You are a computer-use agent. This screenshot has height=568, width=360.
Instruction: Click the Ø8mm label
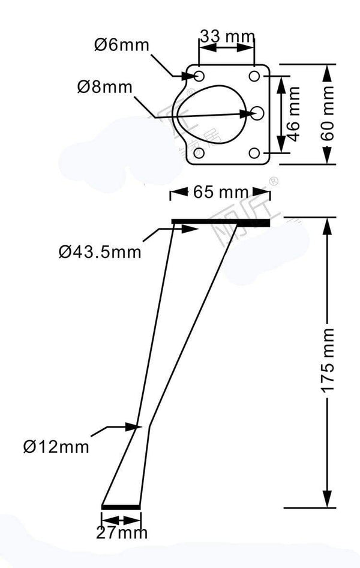[104, 86]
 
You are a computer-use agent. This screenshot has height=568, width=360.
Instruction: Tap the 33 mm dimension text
[227, 37]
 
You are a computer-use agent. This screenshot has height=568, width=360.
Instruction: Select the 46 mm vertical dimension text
[293, 113]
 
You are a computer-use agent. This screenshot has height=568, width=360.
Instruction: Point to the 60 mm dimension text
[328, 114]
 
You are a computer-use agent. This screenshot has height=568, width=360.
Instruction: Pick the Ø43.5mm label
[100, 251]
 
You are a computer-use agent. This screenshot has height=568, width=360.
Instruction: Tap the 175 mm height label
[328, 360]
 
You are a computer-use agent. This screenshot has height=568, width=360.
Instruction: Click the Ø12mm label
[56, 446]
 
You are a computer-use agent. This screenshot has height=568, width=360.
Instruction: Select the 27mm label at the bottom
[121, 531]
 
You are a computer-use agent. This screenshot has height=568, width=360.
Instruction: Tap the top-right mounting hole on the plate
[255, 76]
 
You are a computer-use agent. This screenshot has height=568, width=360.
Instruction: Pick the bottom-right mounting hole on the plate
[255, 153]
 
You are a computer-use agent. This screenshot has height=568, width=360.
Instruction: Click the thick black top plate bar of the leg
[220, 223]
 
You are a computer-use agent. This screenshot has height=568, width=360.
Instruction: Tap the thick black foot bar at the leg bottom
[121, 507]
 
